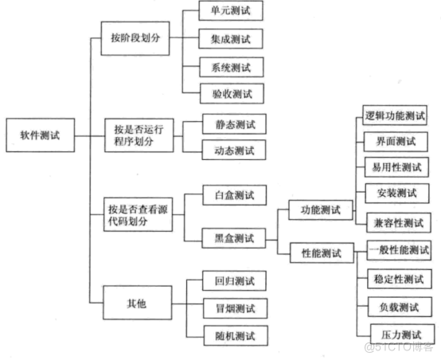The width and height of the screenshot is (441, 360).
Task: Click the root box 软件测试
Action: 41,135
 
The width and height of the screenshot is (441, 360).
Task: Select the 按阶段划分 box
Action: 135,38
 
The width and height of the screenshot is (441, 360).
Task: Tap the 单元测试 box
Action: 231,10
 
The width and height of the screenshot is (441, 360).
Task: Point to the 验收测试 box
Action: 232,93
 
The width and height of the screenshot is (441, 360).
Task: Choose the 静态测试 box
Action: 234,124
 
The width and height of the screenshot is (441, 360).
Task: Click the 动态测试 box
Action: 234,150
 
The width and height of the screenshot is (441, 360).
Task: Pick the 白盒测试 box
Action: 235,195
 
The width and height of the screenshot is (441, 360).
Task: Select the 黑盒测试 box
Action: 234,238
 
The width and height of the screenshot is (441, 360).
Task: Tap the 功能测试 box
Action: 321,210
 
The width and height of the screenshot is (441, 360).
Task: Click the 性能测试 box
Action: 322,252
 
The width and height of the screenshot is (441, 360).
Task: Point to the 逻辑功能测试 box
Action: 395,115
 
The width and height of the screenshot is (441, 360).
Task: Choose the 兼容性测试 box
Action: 399,223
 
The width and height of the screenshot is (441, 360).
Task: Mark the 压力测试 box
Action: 402,334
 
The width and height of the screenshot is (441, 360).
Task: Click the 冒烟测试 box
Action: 235,308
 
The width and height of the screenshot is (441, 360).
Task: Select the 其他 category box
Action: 138,303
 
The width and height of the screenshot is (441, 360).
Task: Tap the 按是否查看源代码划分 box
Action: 138,214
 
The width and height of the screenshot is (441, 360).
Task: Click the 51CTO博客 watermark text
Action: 399,346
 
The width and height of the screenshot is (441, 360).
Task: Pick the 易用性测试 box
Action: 397,167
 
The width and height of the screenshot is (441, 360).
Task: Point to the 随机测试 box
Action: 236,335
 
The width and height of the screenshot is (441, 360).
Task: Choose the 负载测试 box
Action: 400,307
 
